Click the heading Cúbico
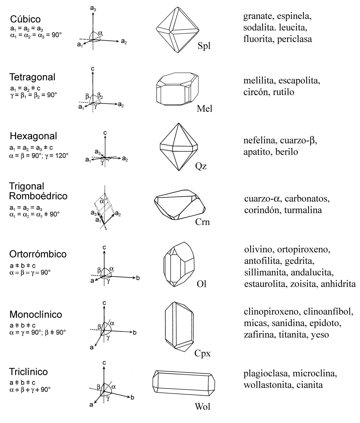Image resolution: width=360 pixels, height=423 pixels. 26,19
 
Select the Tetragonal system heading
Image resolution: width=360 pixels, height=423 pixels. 33,77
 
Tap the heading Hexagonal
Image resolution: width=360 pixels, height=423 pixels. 34,136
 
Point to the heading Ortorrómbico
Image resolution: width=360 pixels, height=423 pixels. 38,254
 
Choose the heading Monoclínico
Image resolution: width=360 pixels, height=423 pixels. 36,314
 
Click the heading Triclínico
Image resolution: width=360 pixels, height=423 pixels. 28,372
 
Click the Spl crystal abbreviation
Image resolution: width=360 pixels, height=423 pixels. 204,46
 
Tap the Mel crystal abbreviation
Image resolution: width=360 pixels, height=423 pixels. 204,109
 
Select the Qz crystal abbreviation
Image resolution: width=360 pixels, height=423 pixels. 201,166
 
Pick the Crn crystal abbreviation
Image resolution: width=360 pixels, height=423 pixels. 203,222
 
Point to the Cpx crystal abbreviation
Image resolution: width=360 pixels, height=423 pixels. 203,353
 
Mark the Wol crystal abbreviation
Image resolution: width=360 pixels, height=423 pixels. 202,407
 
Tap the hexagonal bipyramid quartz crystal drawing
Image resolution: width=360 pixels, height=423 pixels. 179,147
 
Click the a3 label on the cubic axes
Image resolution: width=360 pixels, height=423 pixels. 93,9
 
